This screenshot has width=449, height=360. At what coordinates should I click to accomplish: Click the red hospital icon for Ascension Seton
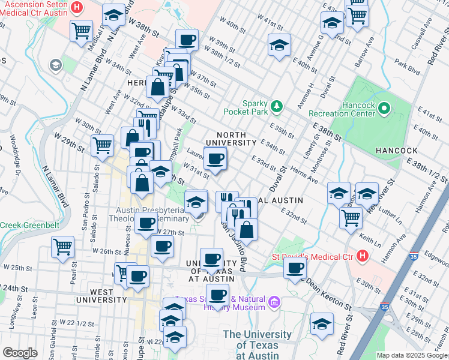[77, 8]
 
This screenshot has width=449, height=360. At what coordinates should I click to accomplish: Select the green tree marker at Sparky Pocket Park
[276, 106]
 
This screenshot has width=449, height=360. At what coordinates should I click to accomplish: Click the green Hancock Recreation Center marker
[384, 109]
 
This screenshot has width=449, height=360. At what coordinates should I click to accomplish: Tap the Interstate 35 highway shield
[384, 307]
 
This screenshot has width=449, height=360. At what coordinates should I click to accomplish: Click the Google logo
[19, 353]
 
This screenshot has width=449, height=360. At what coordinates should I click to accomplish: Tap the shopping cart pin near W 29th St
[102, 145]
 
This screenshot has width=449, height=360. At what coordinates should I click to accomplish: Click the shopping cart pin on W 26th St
[62, 246]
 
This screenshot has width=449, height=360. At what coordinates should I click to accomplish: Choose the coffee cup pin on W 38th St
[186, 40]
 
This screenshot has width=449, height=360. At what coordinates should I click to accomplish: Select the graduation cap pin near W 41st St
[279, 45]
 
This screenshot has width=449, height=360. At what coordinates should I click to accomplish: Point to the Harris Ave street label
[304, 175]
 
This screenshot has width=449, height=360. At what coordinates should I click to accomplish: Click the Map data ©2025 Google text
[412, 355]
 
